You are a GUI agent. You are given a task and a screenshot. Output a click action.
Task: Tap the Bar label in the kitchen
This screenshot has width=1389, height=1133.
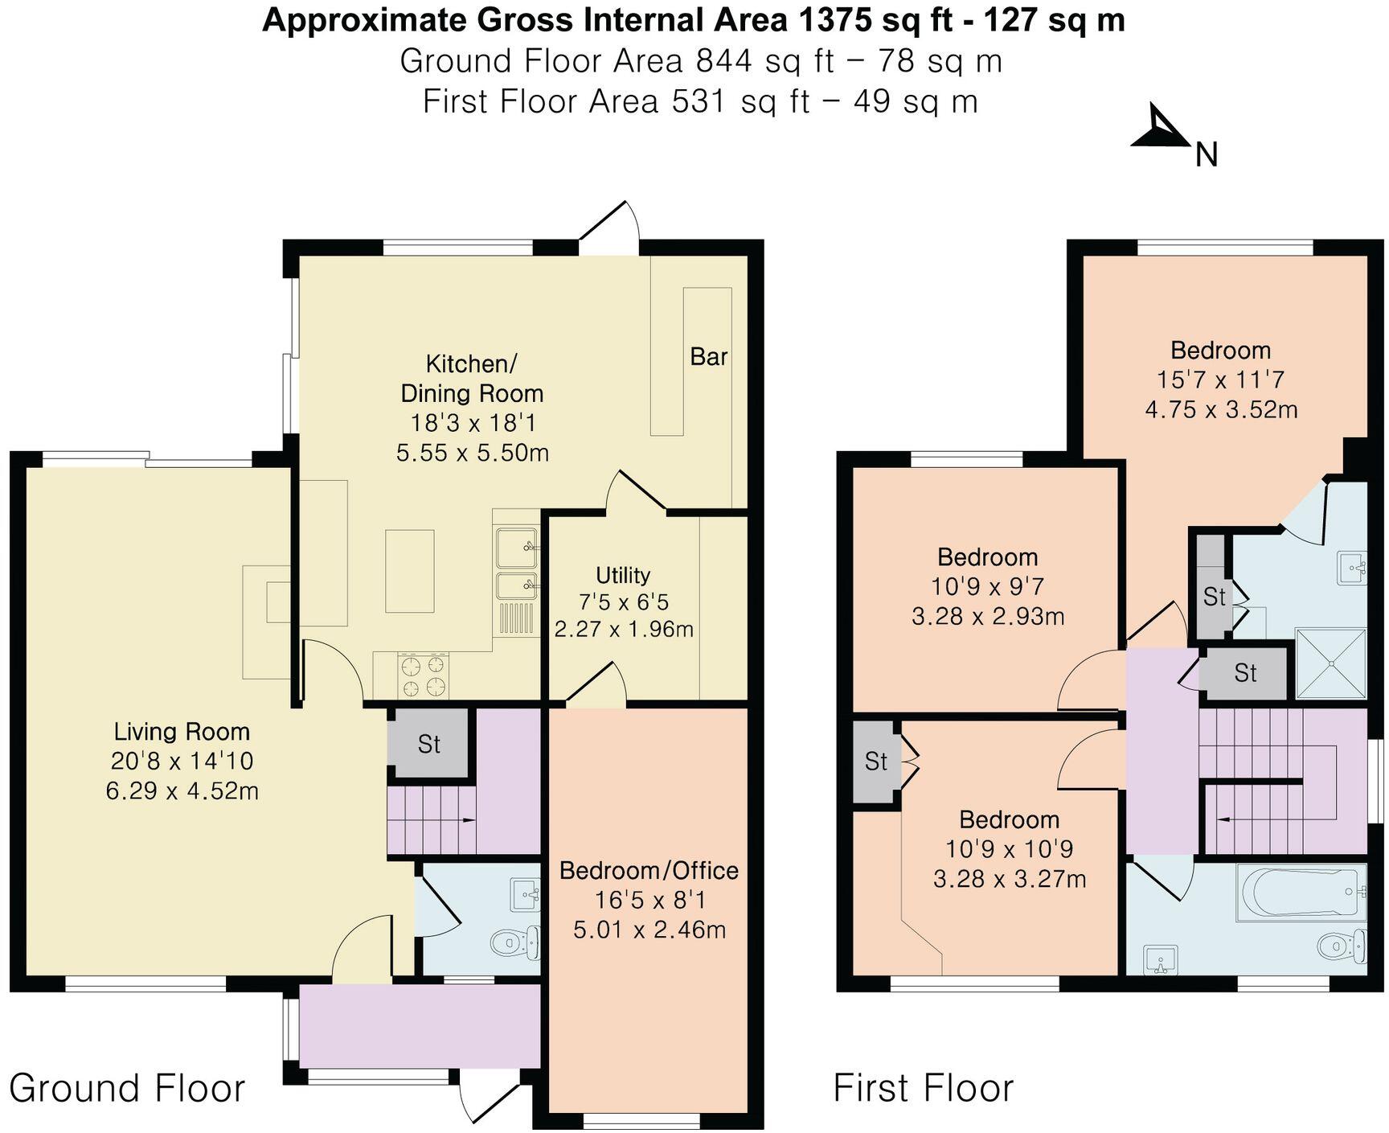tap(708, 357)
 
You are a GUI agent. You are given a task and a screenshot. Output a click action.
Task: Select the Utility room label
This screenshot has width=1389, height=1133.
tap(623, 576)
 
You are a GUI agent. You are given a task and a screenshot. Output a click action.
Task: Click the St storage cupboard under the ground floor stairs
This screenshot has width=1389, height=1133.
tap(428, 744)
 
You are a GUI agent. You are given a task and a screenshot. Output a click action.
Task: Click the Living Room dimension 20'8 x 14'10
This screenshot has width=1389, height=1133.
tap(182, 761)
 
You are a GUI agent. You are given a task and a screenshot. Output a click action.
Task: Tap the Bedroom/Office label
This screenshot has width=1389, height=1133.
tap(649, 871)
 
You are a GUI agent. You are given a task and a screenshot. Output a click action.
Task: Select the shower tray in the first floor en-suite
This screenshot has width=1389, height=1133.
tap(1331, 663)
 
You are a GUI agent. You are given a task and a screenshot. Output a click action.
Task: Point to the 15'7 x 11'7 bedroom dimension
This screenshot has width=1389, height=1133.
tap(1220, 380)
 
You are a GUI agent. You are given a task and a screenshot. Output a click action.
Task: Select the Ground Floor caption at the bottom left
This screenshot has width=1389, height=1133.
tap(127, 1089)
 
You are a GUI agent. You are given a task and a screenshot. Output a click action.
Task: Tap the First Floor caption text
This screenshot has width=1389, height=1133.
tap(924, 1089)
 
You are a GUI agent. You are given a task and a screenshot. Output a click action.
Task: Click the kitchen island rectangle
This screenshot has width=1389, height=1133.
tap(409, 571)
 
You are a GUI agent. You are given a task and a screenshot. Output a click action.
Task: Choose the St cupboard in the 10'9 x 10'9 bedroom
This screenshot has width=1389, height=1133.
tap(875, 761)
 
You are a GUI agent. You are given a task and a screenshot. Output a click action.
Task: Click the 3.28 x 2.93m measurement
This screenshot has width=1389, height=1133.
tap(988, 617)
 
